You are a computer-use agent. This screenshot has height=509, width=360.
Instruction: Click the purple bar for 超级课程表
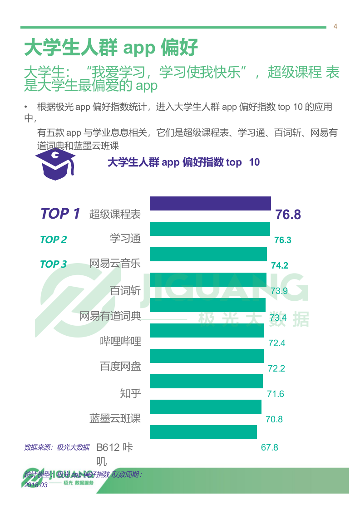(210, 204)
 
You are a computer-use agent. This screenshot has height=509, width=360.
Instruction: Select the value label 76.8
(288, 215)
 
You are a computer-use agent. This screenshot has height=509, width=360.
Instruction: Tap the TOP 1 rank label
(60, 214)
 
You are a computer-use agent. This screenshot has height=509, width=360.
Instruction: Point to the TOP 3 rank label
(53, 264)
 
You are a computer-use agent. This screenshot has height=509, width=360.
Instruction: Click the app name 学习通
(125, 238)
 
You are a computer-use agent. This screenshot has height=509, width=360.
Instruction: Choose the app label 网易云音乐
(115, 263)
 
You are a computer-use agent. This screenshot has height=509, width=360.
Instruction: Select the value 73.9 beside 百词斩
(279, 291)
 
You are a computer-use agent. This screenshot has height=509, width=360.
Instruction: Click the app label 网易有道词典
(110, 316)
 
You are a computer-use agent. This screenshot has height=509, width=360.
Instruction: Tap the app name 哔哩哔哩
(120, 341)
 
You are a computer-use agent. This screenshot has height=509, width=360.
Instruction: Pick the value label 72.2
(276, 368)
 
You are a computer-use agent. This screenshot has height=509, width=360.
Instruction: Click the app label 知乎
(131, 393)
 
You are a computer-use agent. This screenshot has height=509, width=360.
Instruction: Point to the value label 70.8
(274, 419)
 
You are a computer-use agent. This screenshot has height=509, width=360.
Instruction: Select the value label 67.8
(269, 447)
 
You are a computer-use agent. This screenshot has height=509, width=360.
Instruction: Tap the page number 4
(335, 26)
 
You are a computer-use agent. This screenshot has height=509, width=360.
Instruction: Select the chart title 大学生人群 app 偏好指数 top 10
(183, 162)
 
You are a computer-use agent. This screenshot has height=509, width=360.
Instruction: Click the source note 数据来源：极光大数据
(57, 447)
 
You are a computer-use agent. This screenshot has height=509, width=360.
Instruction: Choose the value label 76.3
(283, 240)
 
